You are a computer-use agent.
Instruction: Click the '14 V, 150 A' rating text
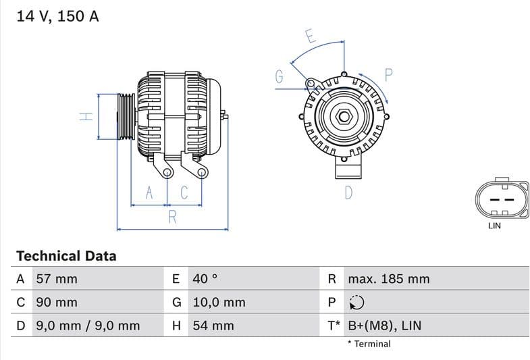[x=57, y=17]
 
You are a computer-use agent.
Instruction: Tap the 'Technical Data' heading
[x=66, y=256]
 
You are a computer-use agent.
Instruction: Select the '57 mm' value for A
[x=56, y=279]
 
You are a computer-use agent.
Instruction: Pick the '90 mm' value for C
[x=56, y=303]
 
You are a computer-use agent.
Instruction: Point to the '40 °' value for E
[x=205, y=279]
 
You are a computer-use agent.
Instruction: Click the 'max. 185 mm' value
[x=388, y=279]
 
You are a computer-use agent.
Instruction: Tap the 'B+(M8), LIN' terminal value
[x=384, y=326]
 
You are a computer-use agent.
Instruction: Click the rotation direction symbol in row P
[x=356, y=303]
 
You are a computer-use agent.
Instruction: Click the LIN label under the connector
[x=494, y=226]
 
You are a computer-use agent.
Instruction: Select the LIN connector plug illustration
[x=500, y=199]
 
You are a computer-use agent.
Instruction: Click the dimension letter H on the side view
[x=86, y=116]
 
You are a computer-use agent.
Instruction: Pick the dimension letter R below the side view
[x=172, y=217]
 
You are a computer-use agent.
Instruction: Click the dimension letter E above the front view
[x=310, y=36]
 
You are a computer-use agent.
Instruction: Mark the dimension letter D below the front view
[x=348, y=192]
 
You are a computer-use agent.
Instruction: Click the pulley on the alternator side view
[x=126, y=116]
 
